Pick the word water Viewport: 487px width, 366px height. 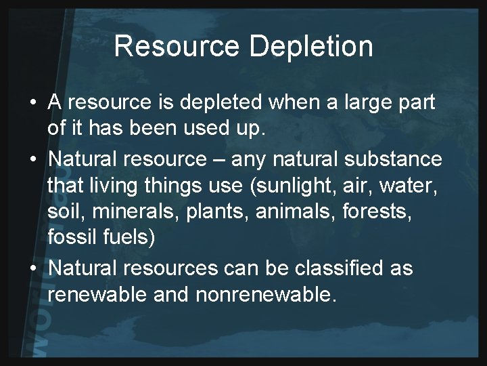(415, 185)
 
